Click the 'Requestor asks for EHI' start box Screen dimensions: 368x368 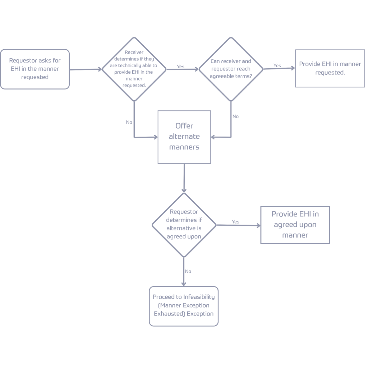(34, 69)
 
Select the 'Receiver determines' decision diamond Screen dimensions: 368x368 (134, 69)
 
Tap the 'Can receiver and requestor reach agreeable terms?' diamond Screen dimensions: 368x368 (231, 69)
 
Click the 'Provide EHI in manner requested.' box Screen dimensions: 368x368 (330, 68)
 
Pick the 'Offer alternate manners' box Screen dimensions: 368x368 (184, 137)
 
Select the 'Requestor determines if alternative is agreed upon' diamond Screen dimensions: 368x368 (184, 225)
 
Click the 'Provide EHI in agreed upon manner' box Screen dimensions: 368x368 (295, 225)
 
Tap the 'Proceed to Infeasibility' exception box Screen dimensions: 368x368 (184, 306)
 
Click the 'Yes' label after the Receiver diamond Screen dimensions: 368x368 (180, 66)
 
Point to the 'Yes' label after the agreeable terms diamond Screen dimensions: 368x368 (277, 65)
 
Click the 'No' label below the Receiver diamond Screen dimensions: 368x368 (129, 122)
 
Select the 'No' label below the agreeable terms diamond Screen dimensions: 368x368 (235, 116)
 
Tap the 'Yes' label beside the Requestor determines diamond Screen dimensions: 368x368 (235, 222)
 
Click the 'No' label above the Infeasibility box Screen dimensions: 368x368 (188, 271)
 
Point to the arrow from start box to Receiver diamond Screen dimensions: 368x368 (86, 69)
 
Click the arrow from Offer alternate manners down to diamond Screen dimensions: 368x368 (184, 178)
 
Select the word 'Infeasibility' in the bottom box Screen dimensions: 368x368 (199, 297)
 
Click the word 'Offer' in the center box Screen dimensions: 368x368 (184, 126)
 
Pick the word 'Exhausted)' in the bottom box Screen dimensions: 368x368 (169, 314)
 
